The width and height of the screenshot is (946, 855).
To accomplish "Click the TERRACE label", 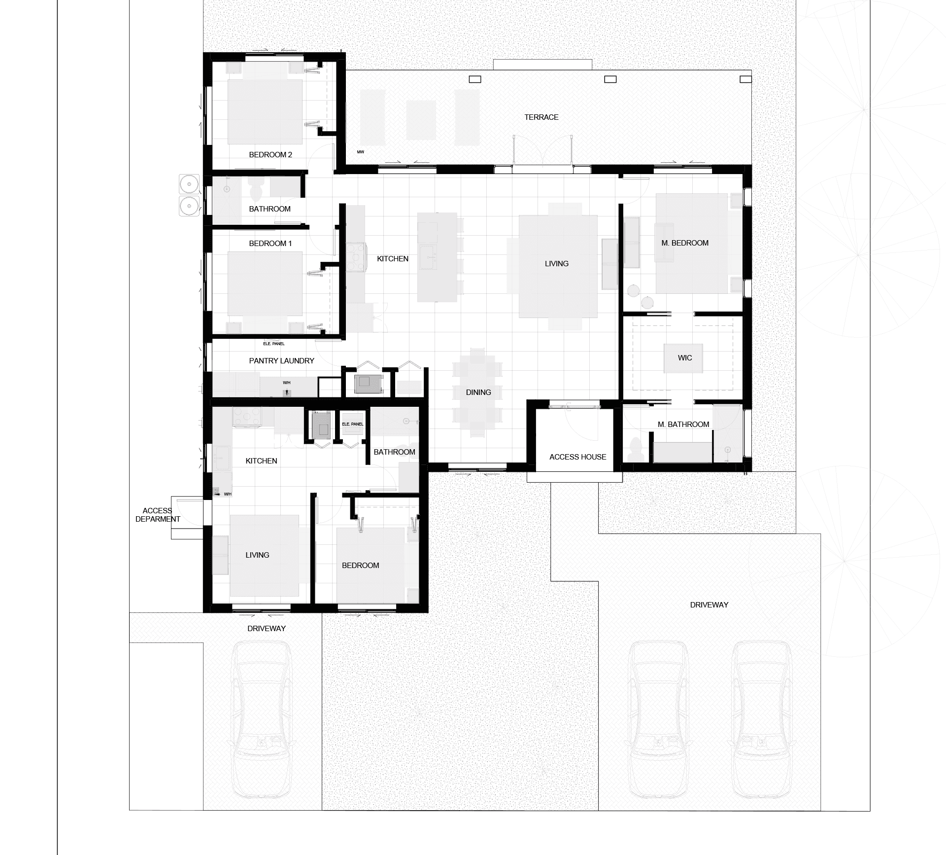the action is [x=541, y=117].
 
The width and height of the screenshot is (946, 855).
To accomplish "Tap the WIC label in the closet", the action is [x=685, y=358].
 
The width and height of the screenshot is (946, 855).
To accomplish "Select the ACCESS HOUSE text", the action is [x=577, y=457].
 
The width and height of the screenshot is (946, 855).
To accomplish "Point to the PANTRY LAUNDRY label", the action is [x=281, y=361].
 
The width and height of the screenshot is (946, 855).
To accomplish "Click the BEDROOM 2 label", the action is [x=270, y=155].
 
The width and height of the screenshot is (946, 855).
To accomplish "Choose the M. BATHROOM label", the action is [x=683, y=425].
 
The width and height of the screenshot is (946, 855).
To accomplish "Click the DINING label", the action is [x=478, y=392].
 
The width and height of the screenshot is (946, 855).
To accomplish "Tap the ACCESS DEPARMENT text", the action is [x=158, y=515].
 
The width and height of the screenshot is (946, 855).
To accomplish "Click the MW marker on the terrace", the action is [x=361, y=152].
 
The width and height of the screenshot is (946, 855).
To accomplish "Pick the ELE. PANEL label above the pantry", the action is [x=274, y=344].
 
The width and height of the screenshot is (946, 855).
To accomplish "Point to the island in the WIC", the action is [x=683, y=358].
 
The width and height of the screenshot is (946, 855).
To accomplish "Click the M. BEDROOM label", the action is [x=685, y=243].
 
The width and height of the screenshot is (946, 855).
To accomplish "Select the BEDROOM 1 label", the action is [x=270, y=244].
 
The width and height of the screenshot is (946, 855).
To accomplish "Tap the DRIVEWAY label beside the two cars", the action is [x=709, y=605].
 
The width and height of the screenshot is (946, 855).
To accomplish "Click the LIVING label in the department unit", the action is [x=257, y=555].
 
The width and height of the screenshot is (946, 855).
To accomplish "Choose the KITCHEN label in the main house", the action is [x=393, y=259].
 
